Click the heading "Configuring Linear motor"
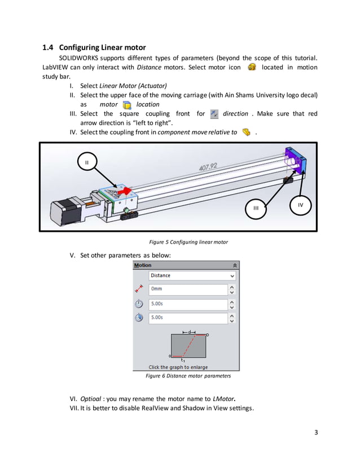coord(102,47)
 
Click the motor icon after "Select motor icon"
coord(252,67)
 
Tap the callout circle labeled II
coord(86,162)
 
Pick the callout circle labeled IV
coord(300,205)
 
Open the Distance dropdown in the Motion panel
coord(231,276)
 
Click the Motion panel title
coord(143,265)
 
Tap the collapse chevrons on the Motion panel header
coord(235,265)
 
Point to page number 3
coord(316,433)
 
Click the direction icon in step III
coord(214,114)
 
